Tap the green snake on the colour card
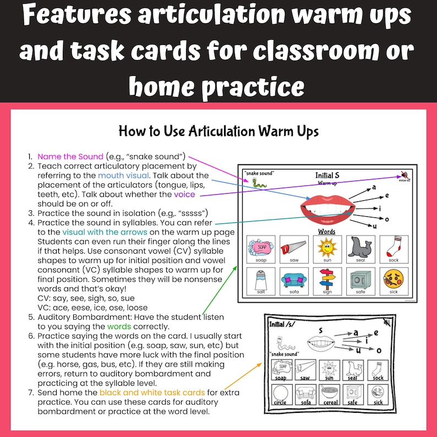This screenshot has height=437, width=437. click(x=256, y=184)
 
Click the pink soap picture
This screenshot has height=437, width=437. click(x=261, y=246)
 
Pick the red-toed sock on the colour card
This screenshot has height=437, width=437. click(x=392, y=246)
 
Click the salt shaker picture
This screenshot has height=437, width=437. click(x=260, y=278)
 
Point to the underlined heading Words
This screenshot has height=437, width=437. click(x=327, y=231)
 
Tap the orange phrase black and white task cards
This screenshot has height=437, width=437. click(x=152, y=392)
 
